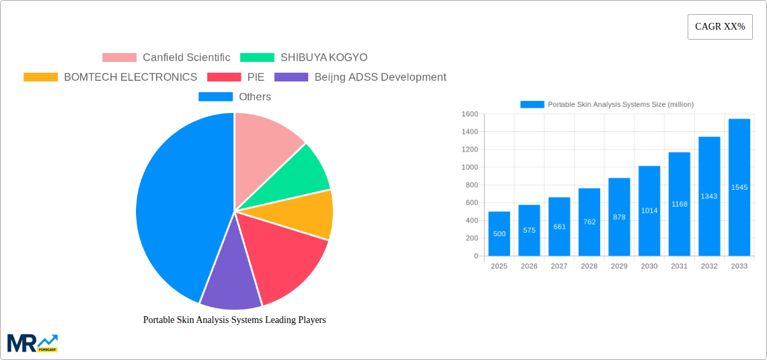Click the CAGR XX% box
click(x=720, y=27)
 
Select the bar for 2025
click(x=499, y=233)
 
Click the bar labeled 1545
click(x=739, y=187)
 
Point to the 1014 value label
click(x=649, y=211)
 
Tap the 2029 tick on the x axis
click(x=619, y=266)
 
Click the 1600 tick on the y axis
click(x=469, y=114)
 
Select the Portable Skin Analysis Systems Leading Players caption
click(x=234, y=320)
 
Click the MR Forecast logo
click(x=32, y=343)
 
